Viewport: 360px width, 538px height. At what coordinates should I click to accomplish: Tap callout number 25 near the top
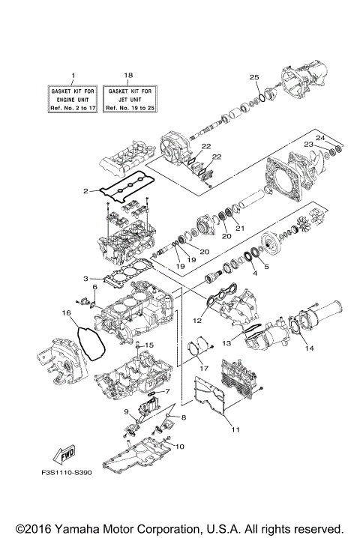pyautogui.click(x=253, y=78)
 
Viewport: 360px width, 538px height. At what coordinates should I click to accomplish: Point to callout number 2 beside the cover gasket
pyautogui.click(x=87, y=192)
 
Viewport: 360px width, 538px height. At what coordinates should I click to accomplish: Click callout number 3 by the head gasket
pyautogui.click(x=87, y=279)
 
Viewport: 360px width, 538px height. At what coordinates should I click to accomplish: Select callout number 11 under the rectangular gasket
pyautogui.click(x=235, y=430)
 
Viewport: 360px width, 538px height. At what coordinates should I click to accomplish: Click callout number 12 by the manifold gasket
pyautogui.click(x=198, y=321)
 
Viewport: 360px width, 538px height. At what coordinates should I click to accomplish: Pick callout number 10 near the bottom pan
pyautogui.click(x=180, y=447)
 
